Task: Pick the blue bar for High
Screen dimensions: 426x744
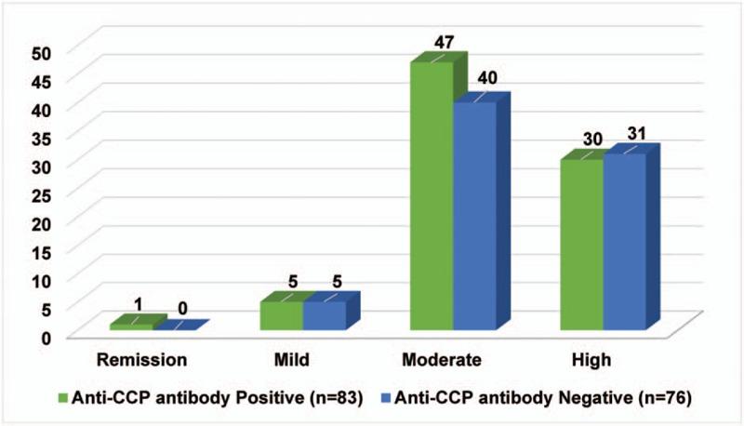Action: tap(624, 242)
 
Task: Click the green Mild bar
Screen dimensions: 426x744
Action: tap(281, 315)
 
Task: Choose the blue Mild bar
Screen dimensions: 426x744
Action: tap(324, 315)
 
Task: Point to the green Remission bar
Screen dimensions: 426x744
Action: tap(131, 326)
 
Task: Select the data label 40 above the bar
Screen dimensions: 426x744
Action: tap(489, 77)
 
